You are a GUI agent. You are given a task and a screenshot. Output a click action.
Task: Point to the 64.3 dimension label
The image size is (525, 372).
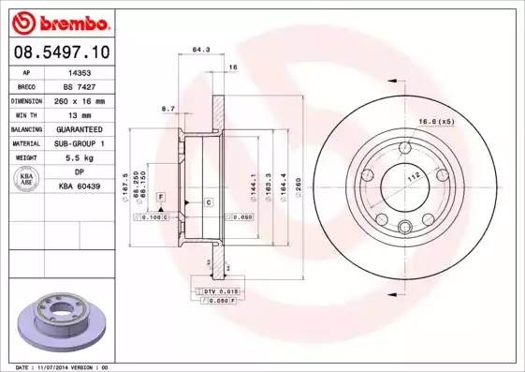(199, 50)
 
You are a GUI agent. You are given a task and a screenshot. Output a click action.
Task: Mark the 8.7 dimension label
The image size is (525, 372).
(169, 110)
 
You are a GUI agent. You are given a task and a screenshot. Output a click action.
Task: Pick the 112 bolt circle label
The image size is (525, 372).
(410, 176)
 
